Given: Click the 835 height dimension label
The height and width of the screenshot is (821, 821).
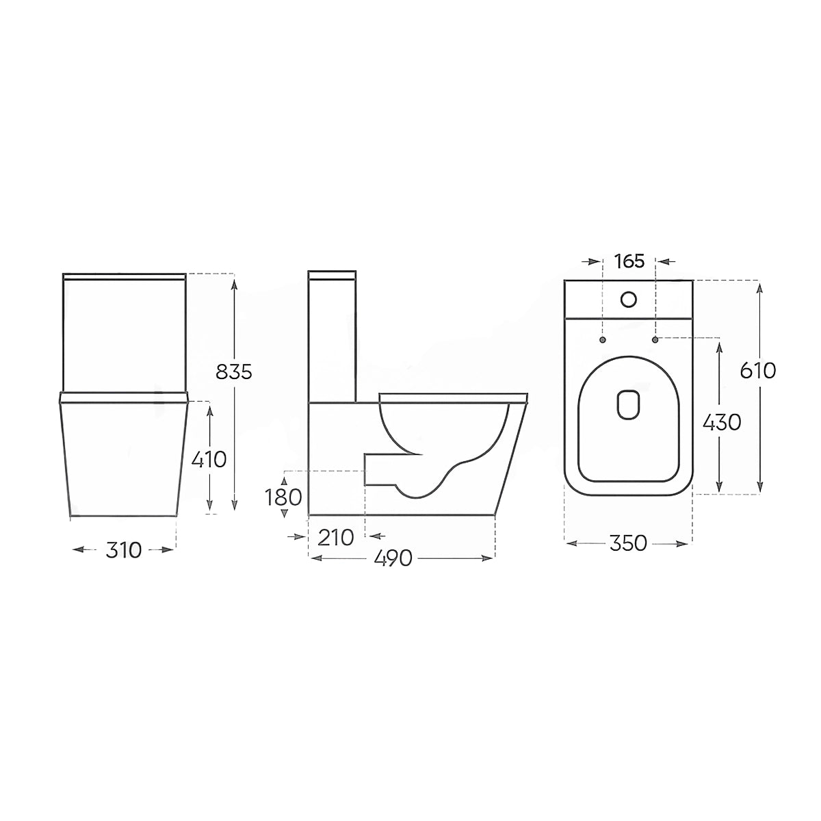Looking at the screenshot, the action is (234, 372).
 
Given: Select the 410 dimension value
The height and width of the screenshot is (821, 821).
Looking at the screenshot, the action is (209, 460).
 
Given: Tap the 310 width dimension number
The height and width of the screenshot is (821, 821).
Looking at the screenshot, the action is (123, 550).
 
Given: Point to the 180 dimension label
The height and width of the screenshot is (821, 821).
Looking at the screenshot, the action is (283, 497).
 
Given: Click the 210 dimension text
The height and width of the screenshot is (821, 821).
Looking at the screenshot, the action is (336, 537).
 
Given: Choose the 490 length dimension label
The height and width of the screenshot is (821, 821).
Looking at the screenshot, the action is (393, 558).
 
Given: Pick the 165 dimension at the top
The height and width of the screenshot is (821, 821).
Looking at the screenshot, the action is (629, 261).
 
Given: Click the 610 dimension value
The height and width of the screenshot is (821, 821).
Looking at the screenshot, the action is (758, 371).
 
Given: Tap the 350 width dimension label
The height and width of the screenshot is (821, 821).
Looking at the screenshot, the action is (629, 544).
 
